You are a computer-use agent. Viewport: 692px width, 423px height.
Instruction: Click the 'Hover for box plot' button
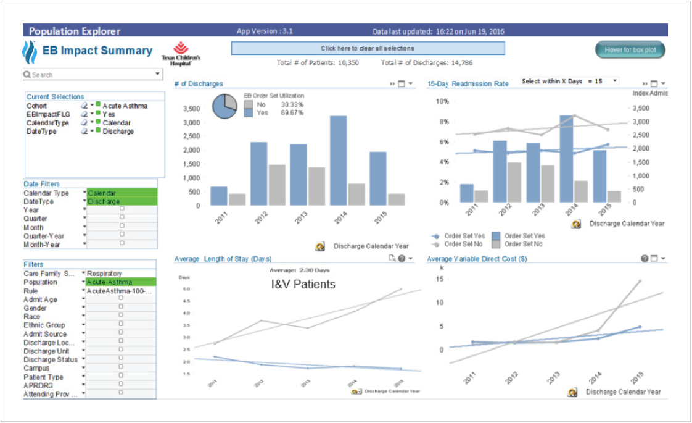(630, 50)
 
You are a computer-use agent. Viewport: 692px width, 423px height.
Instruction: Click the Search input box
(89, 75)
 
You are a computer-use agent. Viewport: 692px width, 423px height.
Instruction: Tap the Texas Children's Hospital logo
(181, 54)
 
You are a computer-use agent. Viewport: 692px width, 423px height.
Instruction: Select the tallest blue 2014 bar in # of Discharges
(338, 161)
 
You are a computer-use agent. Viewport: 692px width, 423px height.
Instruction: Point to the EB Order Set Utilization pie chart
(224, 106)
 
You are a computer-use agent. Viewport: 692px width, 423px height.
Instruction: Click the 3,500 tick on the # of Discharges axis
(192, 109)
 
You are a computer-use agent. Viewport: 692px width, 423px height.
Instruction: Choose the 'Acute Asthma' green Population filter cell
(122, 282)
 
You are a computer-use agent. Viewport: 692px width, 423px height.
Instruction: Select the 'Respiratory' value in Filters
(105, 274)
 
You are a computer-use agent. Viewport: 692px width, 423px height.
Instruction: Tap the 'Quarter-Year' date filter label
(44, 236)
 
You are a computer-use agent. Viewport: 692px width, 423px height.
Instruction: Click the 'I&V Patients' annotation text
(303, 285)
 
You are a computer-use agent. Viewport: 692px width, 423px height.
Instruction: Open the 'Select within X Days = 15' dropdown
(614, 81)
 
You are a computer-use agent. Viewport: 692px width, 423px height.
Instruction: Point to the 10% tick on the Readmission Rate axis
(443, 101)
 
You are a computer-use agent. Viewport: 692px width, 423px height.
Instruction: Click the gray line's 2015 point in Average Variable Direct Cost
(639, 281)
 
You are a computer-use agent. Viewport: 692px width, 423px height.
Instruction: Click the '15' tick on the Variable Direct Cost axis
(440, 279)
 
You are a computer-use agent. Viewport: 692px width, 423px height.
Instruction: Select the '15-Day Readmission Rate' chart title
(468, 84)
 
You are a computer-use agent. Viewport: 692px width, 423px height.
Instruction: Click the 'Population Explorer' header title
(75, 31)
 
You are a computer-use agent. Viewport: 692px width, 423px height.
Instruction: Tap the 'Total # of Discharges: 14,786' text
(427, 63)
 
